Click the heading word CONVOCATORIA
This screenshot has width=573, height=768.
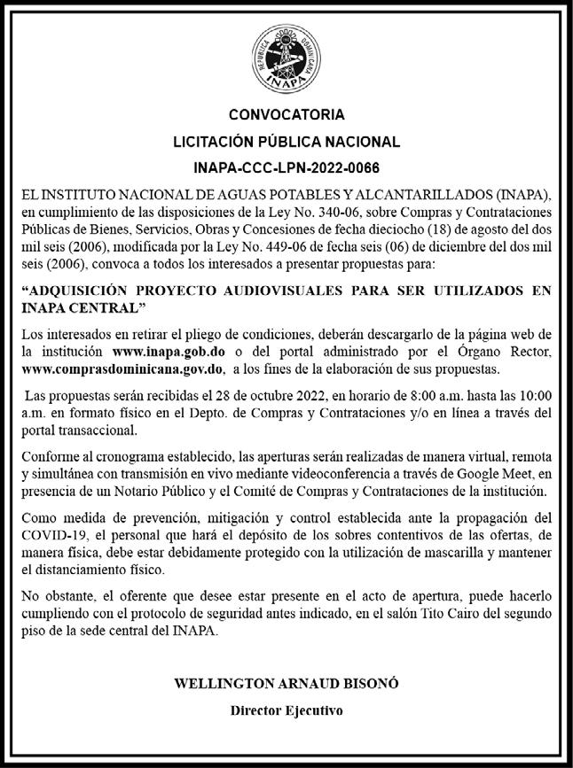coord(286,115)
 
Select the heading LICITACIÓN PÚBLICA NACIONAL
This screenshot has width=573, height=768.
coord(286,141)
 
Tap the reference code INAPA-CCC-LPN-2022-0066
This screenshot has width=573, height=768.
coord(286,167)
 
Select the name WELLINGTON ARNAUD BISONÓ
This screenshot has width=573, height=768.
coord(286,684)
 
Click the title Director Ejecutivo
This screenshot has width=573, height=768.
coord(286,710)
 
